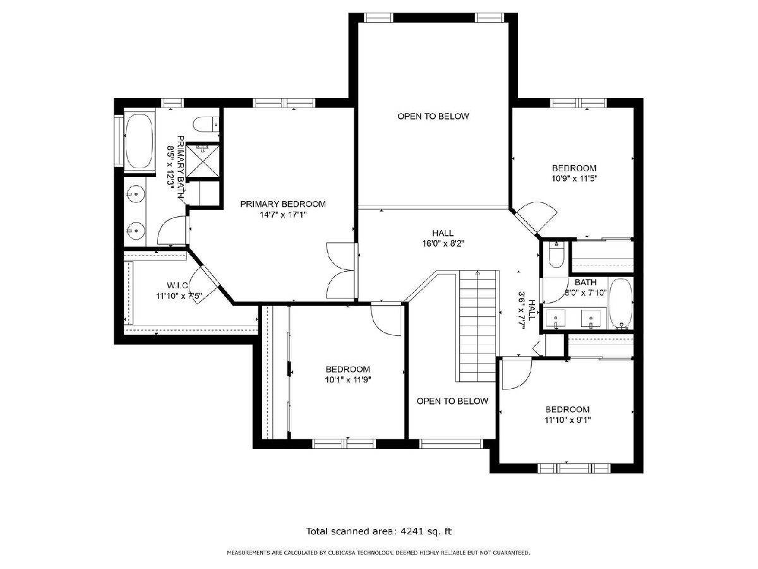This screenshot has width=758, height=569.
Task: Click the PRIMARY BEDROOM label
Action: [x=282, y=204]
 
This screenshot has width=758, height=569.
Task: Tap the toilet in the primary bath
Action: [x=206, y=125]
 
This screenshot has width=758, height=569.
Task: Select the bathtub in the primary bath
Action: [x=139, y=141]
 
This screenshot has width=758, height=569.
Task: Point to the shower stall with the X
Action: [x=202, y=161]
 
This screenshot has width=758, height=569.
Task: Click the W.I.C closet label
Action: [x=177, y=285]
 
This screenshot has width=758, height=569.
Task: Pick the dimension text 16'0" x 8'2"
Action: [x=443, y=243]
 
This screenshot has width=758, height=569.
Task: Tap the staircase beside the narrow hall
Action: [x=478, y=326]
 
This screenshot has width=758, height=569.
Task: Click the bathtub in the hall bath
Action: [x=620, y=303]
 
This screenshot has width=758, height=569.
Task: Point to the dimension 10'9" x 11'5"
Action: [x=574, y=179]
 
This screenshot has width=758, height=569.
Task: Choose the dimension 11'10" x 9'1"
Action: [x=568, y=420]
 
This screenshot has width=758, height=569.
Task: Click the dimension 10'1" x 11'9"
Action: [x=348, y=380]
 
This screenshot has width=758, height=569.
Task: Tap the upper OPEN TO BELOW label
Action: [x=433, y=116]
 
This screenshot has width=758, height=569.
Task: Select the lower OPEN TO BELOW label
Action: [x=452, y=401]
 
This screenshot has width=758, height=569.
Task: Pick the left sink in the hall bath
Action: [x=556, y=319]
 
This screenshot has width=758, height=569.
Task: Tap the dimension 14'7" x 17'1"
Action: [x=283, y=215]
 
